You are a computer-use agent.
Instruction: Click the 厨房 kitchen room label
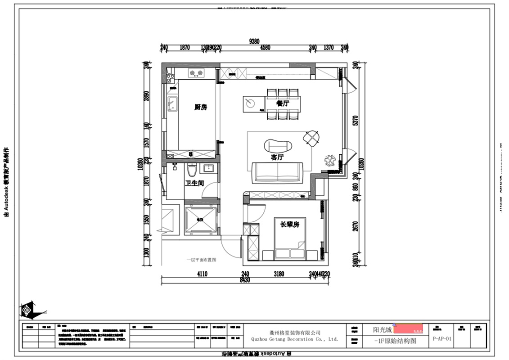[x=201, y=107]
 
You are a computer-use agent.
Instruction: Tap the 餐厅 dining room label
[x=283, y=103]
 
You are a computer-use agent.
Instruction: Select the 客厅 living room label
[x=277, y=157]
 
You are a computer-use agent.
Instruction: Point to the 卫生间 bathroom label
[x=195, y=183]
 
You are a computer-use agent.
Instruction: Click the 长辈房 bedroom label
[x=290, y=224]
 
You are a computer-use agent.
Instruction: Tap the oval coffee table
[x=278, y=145]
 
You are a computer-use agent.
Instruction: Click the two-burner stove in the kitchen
[x=195, y=73]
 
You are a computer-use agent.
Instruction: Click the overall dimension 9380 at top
[x=254, y=41]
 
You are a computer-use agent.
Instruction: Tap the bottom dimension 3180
[x=279, y=274]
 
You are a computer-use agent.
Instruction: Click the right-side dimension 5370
[x=355, y=121]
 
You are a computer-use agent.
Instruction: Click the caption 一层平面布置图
[x=202, y=260]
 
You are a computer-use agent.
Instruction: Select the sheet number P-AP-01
[x=442, y=339]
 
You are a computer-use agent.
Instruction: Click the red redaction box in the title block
[x=408, y=328]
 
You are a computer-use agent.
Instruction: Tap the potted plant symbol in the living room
[x=330, y=159]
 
